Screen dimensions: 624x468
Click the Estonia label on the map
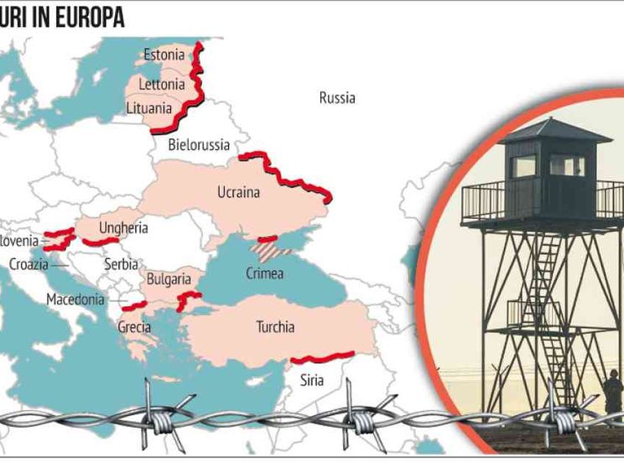point(164,55)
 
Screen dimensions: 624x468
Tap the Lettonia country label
point(161,84)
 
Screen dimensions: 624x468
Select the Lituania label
point(148,108)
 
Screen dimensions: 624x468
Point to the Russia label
point(337,98)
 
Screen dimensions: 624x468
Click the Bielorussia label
point(199,145)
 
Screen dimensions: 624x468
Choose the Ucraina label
point(238,192)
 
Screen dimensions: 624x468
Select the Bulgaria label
point(168,278)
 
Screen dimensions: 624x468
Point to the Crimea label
point(264,273)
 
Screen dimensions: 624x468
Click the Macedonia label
point(75,299)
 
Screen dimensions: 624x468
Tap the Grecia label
point(134,327)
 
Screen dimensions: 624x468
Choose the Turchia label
point(275,327)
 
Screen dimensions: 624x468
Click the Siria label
point(311,380)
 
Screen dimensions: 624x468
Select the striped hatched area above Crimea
point(273,248)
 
